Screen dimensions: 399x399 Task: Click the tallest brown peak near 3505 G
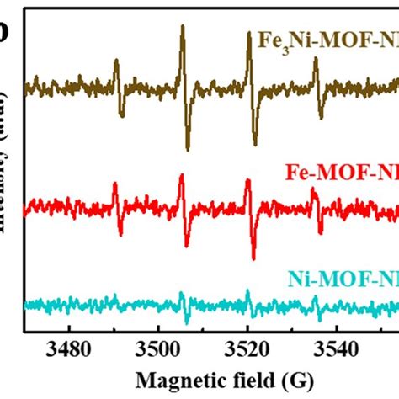(x=182, y=27)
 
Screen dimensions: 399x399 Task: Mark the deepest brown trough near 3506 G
(x=187, y=149)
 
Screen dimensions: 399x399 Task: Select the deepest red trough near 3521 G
(x=253, y=258)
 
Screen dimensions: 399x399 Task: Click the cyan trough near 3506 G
(x=186, y=323)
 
